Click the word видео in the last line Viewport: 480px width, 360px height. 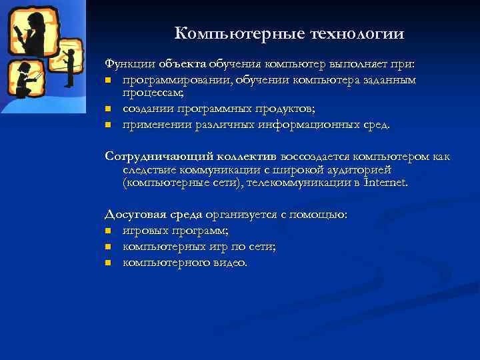[231, 263]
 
